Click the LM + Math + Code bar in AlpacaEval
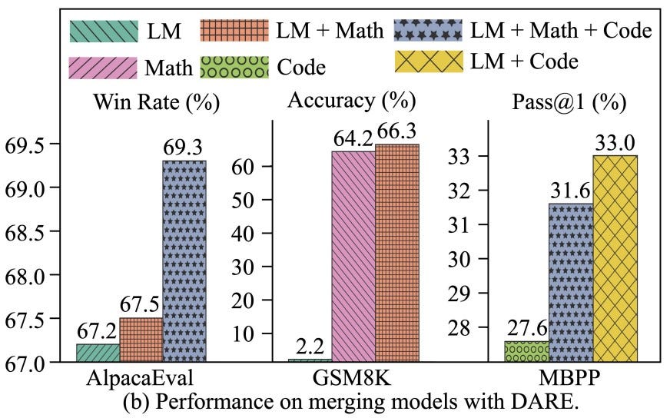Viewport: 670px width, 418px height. [x=184, y=260]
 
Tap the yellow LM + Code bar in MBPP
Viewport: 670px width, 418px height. [x=615, y=258]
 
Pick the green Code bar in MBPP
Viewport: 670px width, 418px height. [x=526, y=351]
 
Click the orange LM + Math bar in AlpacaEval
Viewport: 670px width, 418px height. [x=141, y=339]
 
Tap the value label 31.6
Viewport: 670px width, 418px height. [x=570, y=189]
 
